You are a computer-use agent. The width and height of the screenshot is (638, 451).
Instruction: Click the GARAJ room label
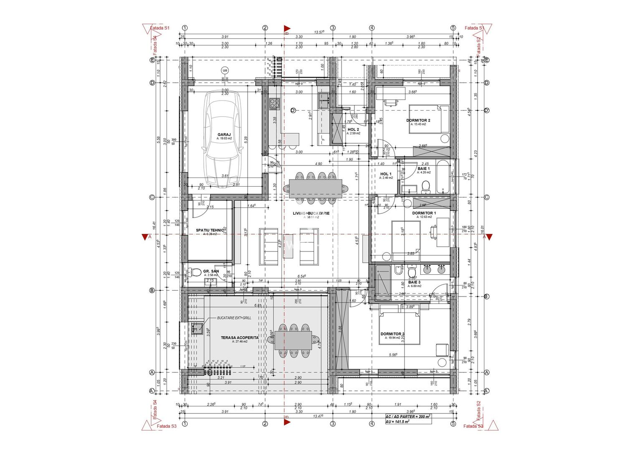224,134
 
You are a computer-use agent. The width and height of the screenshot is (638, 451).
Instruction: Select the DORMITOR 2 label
418,120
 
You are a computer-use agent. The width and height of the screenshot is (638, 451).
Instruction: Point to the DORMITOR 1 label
424,213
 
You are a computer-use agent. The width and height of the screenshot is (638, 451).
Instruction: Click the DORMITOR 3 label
392,334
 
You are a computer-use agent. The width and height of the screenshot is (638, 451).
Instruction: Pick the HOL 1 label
385,174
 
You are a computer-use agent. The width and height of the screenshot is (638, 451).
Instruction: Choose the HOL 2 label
353,129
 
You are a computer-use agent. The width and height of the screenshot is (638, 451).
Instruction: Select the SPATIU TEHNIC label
210,230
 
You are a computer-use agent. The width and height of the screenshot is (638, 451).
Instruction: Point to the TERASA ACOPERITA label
240,337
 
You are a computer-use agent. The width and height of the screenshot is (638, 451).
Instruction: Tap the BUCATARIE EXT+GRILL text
234,318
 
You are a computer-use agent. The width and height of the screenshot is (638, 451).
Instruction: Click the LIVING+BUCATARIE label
311,213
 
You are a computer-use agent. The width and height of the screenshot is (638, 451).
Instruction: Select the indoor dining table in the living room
315,188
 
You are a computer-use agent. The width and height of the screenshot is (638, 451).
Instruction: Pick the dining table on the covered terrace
293,341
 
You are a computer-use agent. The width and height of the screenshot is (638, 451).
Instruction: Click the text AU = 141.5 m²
397,422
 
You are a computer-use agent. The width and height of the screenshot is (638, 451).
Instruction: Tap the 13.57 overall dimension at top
319,32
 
